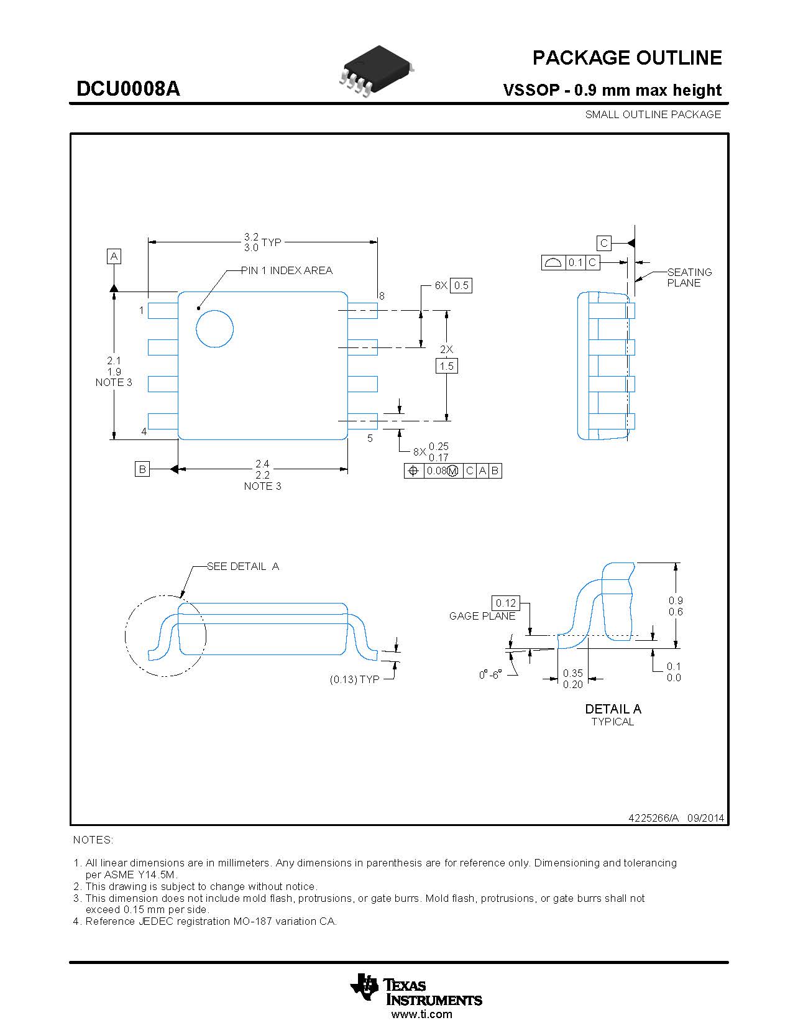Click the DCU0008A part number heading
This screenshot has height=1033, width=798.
click(x=128, y=89)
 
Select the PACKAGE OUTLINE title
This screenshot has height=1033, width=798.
click(x=626, y=58)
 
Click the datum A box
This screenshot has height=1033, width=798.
click(x=114, y=256)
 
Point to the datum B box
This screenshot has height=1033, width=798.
click(x=142, y=469)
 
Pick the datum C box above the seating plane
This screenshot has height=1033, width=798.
click(x=603, y=243)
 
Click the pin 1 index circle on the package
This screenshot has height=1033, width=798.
click(x=214, y=328)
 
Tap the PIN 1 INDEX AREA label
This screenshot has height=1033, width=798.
click(x=287, y=270)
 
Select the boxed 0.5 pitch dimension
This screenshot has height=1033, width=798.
click(x=461, y=285)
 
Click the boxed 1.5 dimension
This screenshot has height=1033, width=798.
click(x=446, y=366)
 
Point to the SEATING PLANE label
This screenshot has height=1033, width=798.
click(x=689, y=277)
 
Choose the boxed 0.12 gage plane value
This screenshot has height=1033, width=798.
click(x=506, y=603)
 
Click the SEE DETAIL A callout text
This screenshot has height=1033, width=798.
click(x=243, y=566)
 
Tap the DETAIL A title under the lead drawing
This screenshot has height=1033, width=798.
click(x=613, y=709)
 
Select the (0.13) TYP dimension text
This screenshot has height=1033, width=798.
click(x=354, y=679)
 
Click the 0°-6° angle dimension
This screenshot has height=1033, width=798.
click(x=490, y=675)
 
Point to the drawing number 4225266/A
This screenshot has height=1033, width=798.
click(x=654, y=818)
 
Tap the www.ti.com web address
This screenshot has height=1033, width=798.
click(x=421, y=1014)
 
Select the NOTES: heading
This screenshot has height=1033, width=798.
click(x=93, y=840)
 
